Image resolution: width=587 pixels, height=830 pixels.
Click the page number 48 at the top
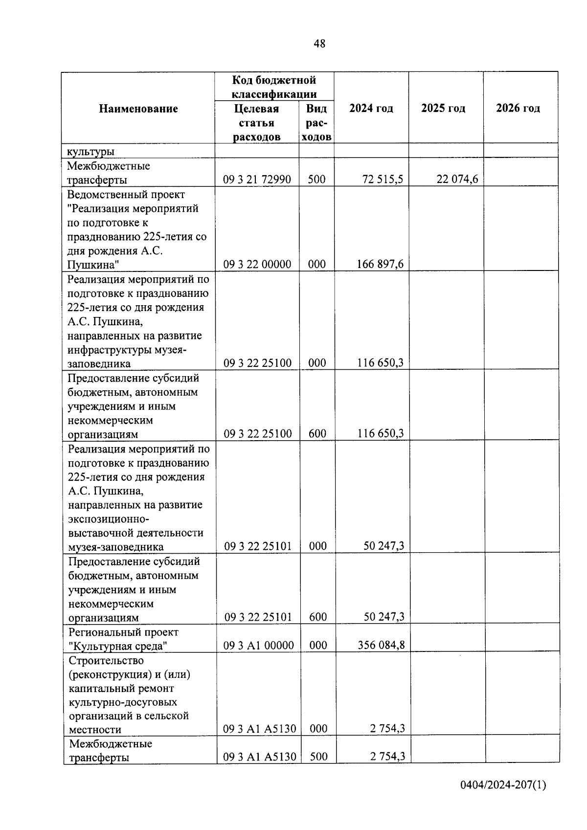pyautogui.click(x=319, y=44)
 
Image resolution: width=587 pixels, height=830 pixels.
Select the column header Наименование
pyautogui.click(x=138, y=109)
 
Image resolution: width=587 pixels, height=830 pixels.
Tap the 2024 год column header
pyautogui.click(x=371, y=109)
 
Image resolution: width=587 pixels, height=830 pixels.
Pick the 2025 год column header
pyautogui.click(x=443, y=109)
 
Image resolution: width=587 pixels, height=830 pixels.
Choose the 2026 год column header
pyautogui.click(x=518, y=109)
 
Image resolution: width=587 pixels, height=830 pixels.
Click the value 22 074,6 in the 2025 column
pyautogui.click(x=457, y=179)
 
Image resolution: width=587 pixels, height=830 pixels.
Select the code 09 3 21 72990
pyautogui.click(x=257, y=179)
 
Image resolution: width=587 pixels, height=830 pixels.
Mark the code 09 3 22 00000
pyautogui.click(x=257, y=265)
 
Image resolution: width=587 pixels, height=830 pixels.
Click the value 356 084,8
pyautogui.click(x=381, y=645)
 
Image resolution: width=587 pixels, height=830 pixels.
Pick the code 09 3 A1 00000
pyautogui.click(x=258, y=646)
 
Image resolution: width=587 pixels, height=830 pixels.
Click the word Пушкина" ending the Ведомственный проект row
pyautogui.click(x=93, y=265)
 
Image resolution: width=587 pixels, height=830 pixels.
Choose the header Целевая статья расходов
pyautogui.click(x=257, y=123)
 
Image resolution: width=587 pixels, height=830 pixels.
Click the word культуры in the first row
pyautogui.click(x=90, y=151)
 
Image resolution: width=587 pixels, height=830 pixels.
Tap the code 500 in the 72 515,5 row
pyautogui.click(x=316, y=179)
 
